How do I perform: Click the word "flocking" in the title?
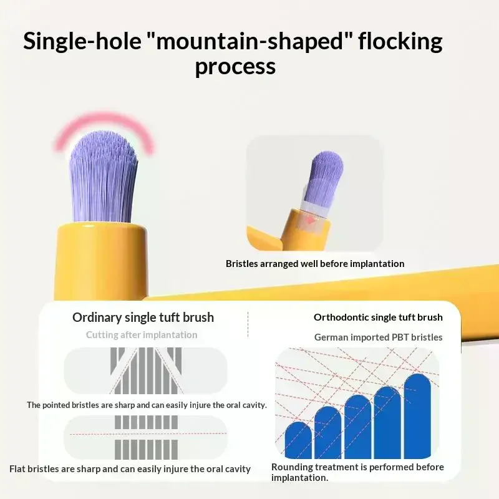pos(400,42)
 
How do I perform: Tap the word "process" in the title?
pos(235,67)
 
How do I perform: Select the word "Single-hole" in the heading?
pos(82,42)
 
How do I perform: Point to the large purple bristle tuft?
pos(104,177)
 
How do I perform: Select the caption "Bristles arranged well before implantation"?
pos(315,263)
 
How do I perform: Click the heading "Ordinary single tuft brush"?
pos(143,317)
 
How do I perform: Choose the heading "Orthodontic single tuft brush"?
pos(378,317)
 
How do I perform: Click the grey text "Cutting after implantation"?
pos(142,335)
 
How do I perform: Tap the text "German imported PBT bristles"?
pos(379,337)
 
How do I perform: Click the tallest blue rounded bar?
pos(417,416)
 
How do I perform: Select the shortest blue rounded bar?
pos(298,440)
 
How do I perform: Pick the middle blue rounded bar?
pos(357,427)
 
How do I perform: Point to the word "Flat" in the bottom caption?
pos(17,469)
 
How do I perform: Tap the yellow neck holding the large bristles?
pos(101,261)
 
